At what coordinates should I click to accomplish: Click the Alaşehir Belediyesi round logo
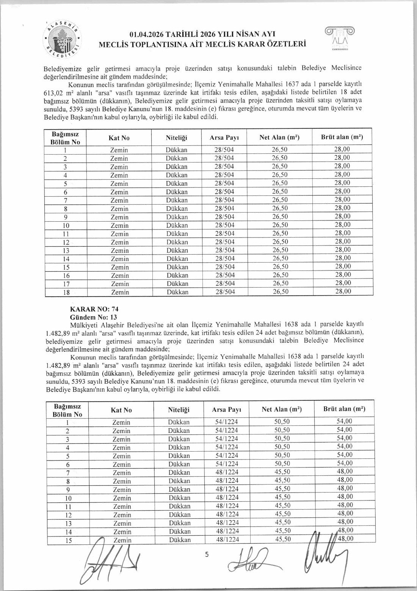pos(63,39)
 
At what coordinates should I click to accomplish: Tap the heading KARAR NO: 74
pos(94,309)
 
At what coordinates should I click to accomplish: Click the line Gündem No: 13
pos(94,317)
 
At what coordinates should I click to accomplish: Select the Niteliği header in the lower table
pos(179,410)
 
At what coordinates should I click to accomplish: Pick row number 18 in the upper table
pos(66,292)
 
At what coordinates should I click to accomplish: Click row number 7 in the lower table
pos(68,473)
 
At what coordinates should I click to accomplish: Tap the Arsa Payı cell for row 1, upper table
pos(224,150)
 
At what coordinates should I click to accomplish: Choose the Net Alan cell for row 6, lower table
pos(282,464)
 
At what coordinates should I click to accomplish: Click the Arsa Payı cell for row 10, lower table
pos(227,497)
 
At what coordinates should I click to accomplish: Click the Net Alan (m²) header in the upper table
pos(279,137)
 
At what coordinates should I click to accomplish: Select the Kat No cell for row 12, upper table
pos(119,242)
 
